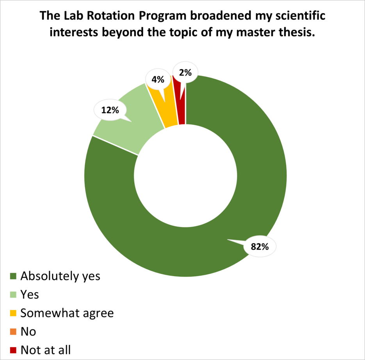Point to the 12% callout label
[x=110, y=110]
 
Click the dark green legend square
[x=13, y=276]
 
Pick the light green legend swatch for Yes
[x=13, y=294]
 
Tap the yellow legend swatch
[x=13, y=313]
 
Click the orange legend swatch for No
[x=13, y=332]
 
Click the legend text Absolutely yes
[x=61, y=276]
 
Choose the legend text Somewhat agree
[x=67, y=313]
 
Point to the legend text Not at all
[x=46, y=349]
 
